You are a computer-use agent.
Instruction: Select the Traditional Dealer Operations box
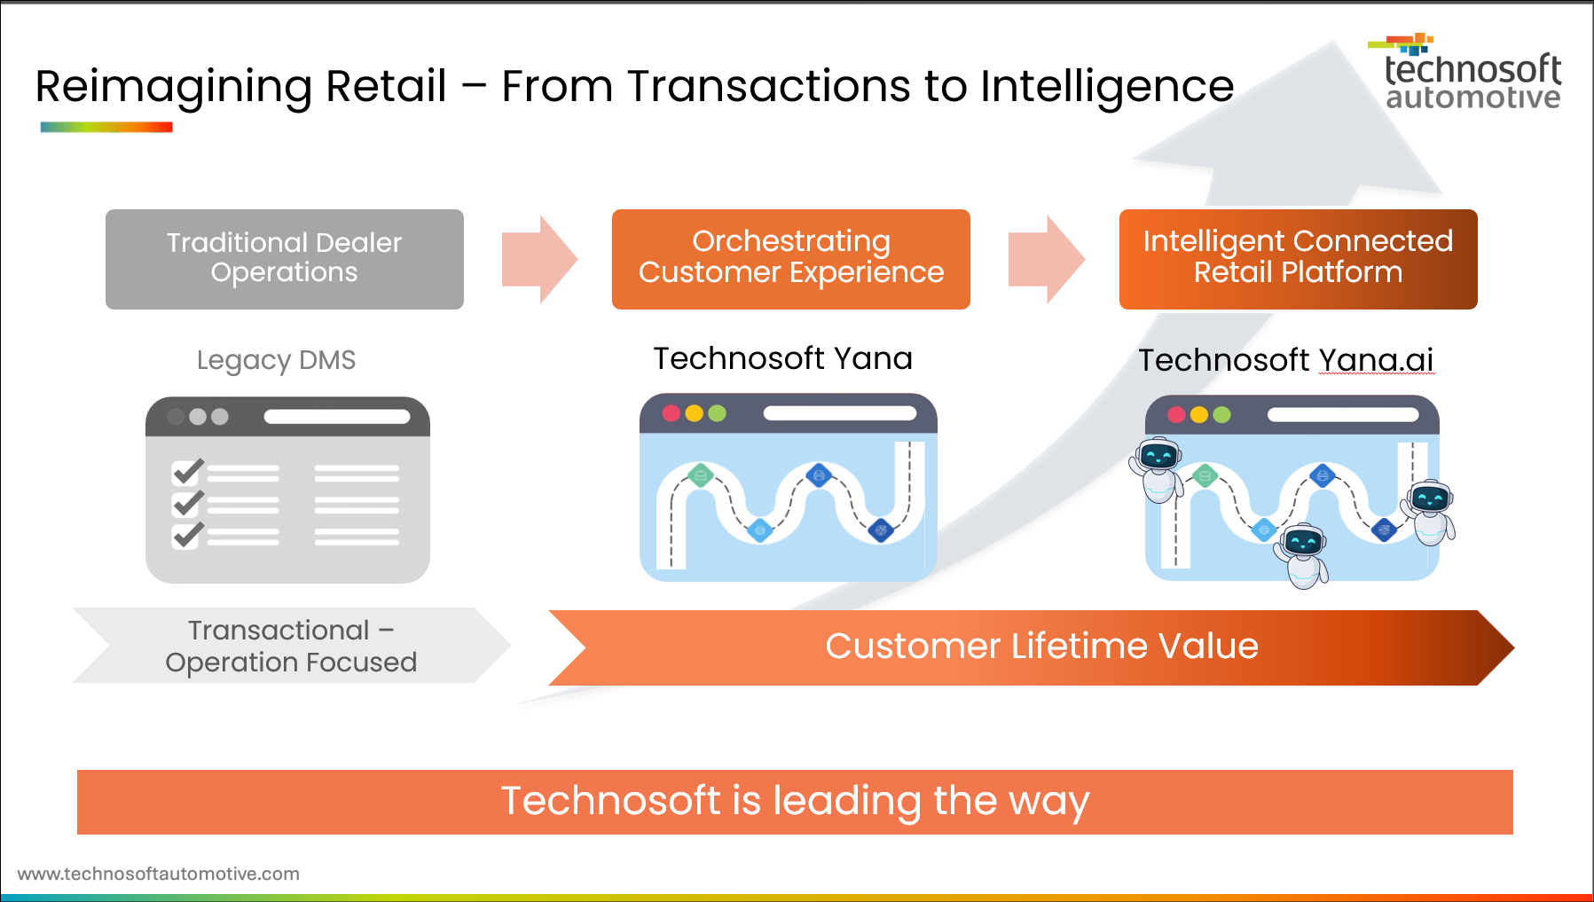pos(284,258)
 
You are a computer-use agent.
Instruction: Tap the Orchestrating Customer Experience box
pos(790,258)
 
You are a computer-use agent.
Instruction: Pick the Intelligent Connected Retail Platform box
pos(1298,258)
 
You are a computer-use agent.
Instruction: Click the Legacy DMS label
pos(276,360)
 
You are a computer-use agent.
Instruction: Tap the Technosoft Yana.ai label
pos(1285,360)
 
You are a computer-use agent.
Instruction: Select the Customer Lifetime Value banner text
pos(1041,647)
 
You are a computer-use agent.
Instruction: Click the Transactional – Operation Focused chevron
pos(290,646)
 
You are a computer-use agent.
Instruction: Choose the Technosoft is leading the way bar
pos(795,802)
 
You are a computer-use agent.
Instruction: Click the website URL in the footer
pos(159,874)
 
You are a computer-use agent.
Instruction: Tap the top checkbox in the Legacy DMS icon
pos(187,472)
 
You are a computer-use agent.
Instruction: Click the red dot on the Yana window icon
pos(671,413)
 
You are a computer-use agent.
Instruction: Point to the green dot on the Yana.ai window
pos(1221,415)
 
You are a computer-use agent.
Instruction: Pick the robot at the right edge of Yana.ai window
pos(1430,510)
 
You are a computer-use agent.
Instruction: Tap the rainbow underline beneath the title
pos(106,128)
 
